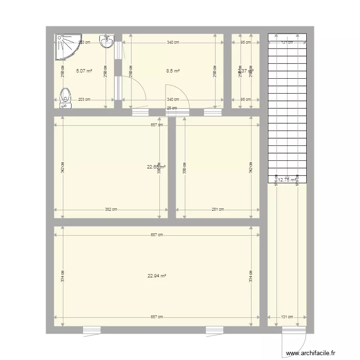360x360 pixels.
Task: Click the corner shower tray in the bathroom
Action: [x=66, y=47]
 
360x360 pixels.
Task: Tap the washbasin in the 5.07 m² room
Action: [x=107, y=43]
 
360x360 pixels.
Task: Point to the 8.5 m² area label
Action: [x=173, y=71]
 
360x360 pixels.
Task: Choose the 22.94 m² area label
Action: [x=157, y=276]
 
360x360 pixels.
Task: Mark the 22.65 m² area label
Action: [x=156, y=167]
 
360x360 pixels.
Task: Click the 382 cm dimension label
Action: [x=111, y=209]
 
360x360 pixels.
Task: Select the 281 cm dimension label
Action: [x=218, y=209]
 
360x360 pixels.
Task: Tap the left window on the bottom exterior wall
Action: [x=92, y=330]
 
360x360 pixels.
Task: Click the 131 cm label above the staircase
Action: [x=287, y=42]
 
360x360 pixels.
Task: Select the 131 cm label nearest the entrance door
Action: [x=287, y=317]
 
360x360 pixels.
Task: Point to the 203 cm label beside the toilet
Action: [x=84, y=99]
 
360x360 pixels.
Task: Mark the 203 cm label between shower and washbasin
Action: [x=84, y=42]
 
